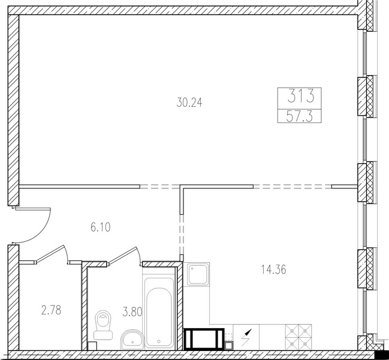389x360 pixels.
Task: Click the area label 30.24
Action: (x=189, y=103)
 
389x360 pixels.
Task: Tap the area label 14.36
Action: (x=274, y=269)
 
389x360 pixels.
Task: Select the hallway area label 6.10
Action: (x=101, y=227)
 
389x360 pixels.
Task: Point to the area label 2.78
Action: (x=51, y=310)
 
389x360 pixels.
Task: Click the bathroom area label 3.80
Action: (x=132, y=312)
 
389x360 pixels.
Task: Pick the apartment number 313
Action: (x=301, y=96)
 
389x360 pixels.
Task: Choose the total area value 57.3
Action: (x=300, y=116)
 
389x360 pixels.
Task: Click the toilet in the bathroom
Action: (x=103, y=325)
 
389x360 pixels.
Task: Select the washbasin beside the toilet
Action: (x=132, y=340)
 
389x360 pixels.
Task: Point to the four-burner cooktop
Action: (x=298, y=337)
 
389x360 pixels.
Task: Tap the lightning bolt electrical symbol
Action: (x=246, y=337)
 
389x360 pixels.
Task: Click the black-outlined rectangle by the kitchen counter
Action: (x=204, y=339)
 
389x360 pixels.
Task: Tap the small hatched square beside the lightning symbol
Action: (x=228, y=346)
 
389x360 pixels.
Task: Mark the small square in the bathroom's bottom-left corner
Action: (x=92, y=346)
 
